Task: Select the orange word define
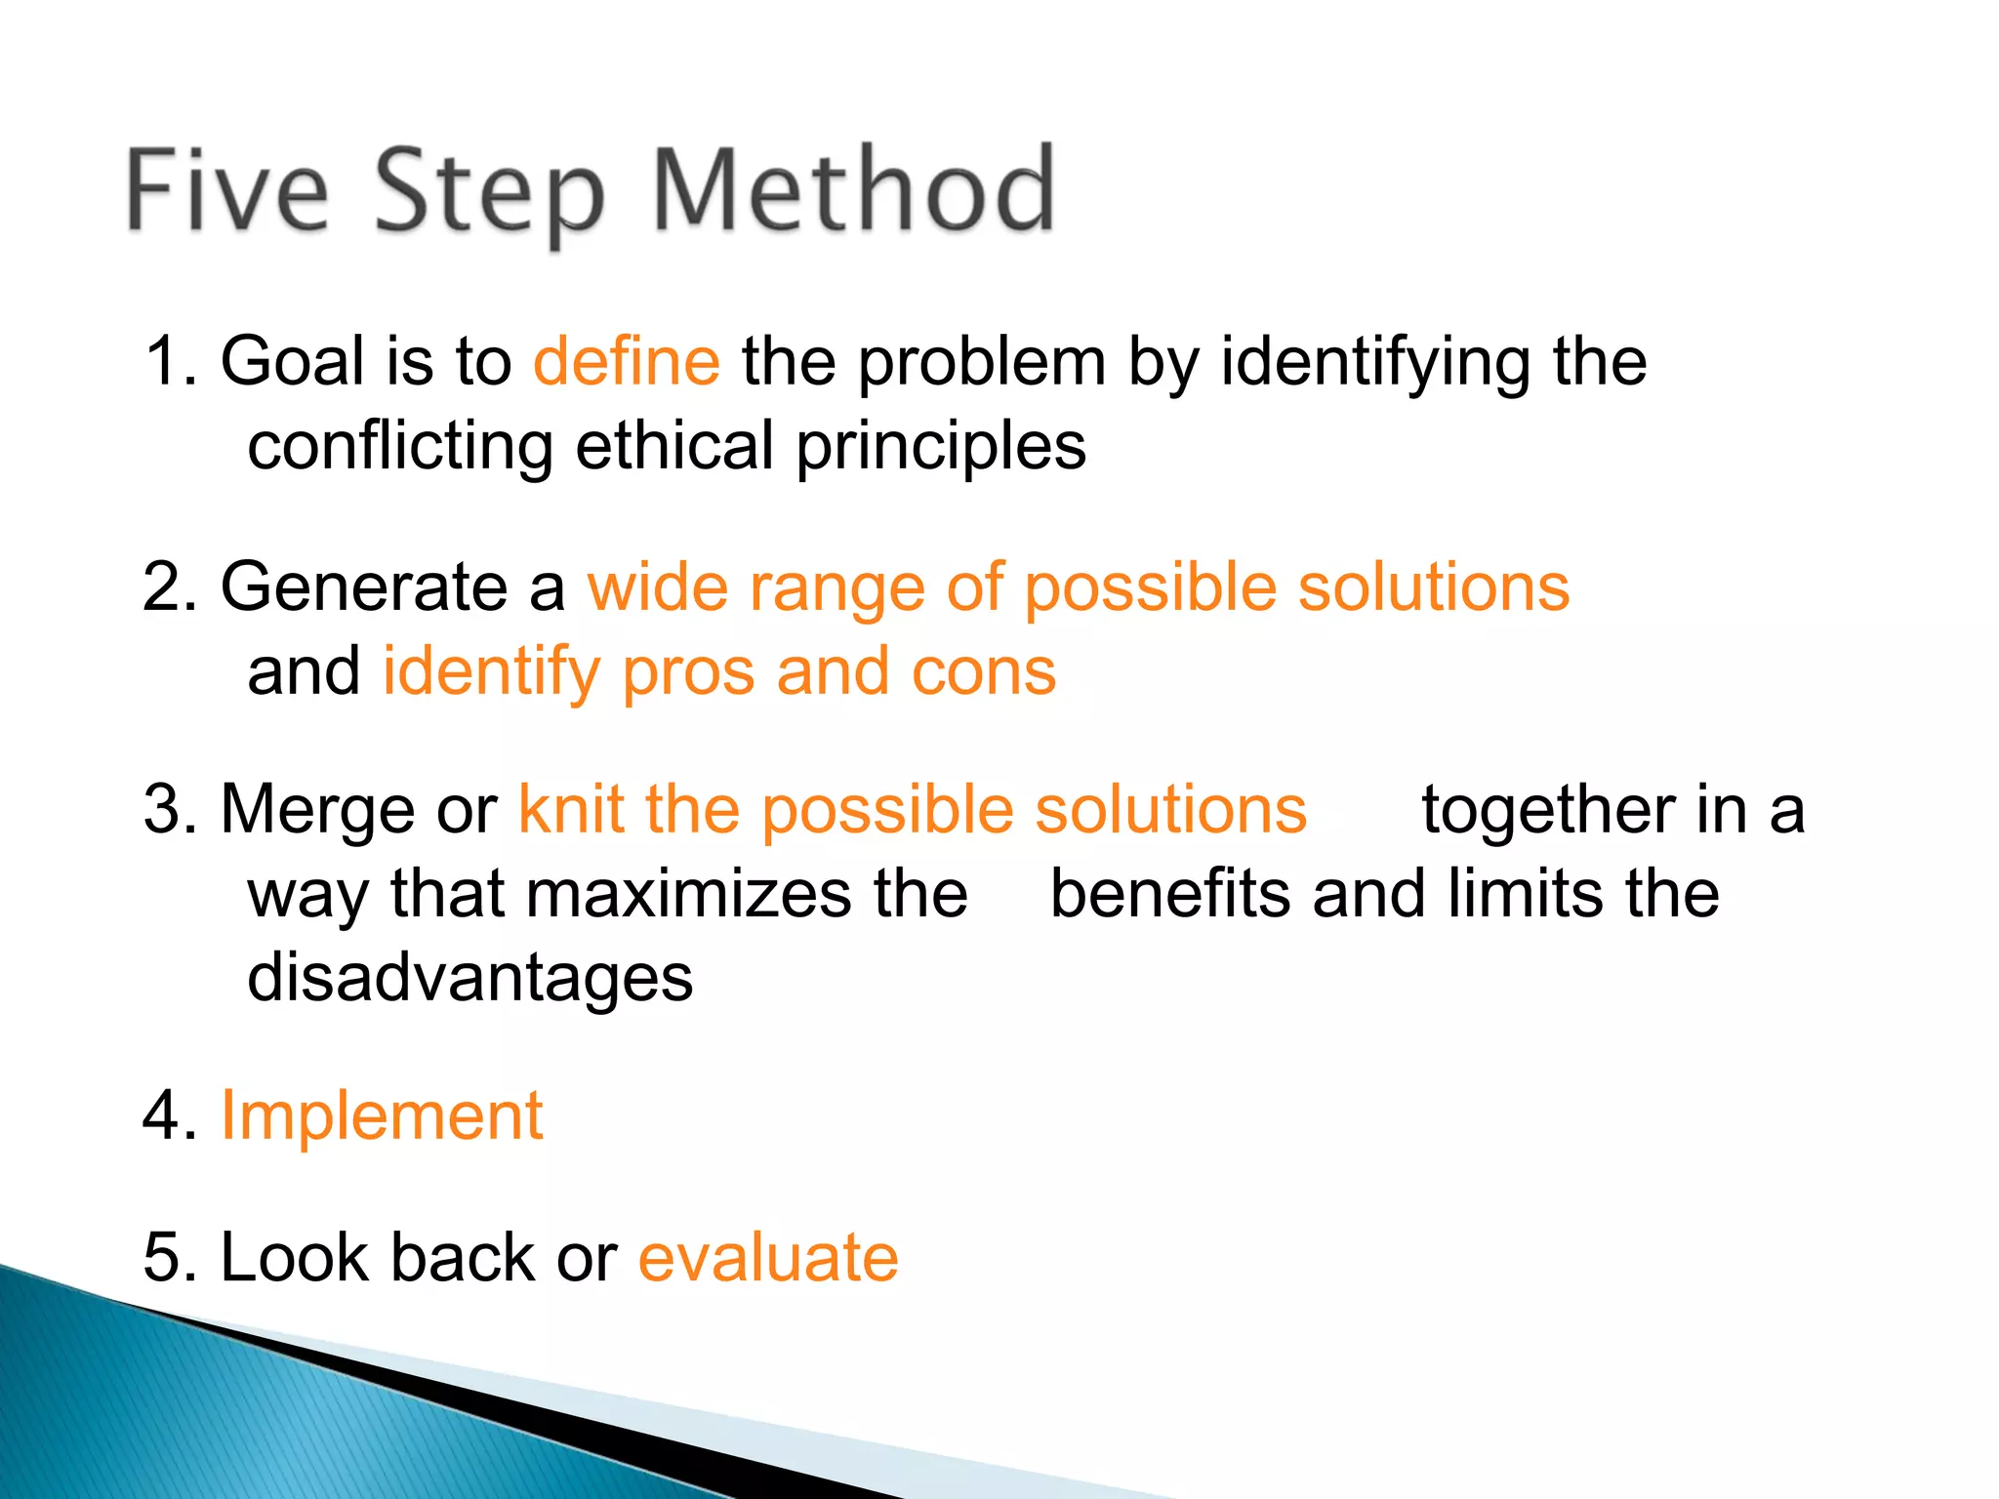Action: pos(627,362)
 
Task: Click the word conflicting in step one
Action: pos(400,447)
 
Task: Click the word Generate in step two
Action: pos(363,587)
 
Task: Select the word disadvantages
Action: pos(469,979)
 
